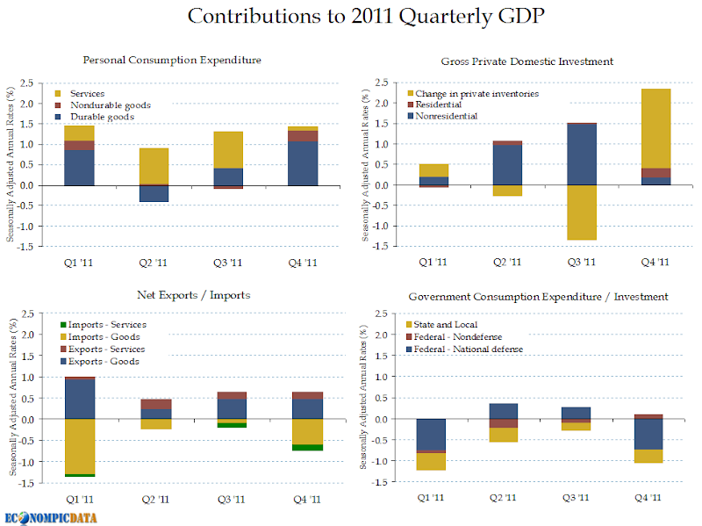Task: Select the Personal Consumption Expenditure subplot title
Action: (172, 60)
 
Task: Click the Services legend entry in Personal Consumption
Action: (87, 93)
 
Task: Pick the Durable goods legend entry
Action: (102, 116)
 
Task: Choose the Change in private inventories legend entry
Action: (476, 93)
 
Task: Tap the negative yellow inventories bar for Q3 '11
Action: (582, 213)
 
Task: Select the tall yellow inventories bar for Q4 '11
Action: (655, 128)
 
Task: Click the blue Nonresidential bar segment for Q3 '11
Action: (582, 155)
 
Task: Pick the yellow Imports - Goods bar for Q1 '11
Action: (79, 446)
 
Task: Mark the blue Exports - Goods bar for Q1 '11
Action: (79, 399)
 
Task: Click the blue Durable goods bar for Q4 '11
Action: (303, 163)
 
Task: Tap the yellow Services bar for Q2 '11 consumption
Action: (154, 166)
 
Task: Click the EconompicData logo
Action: (49, 515)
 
